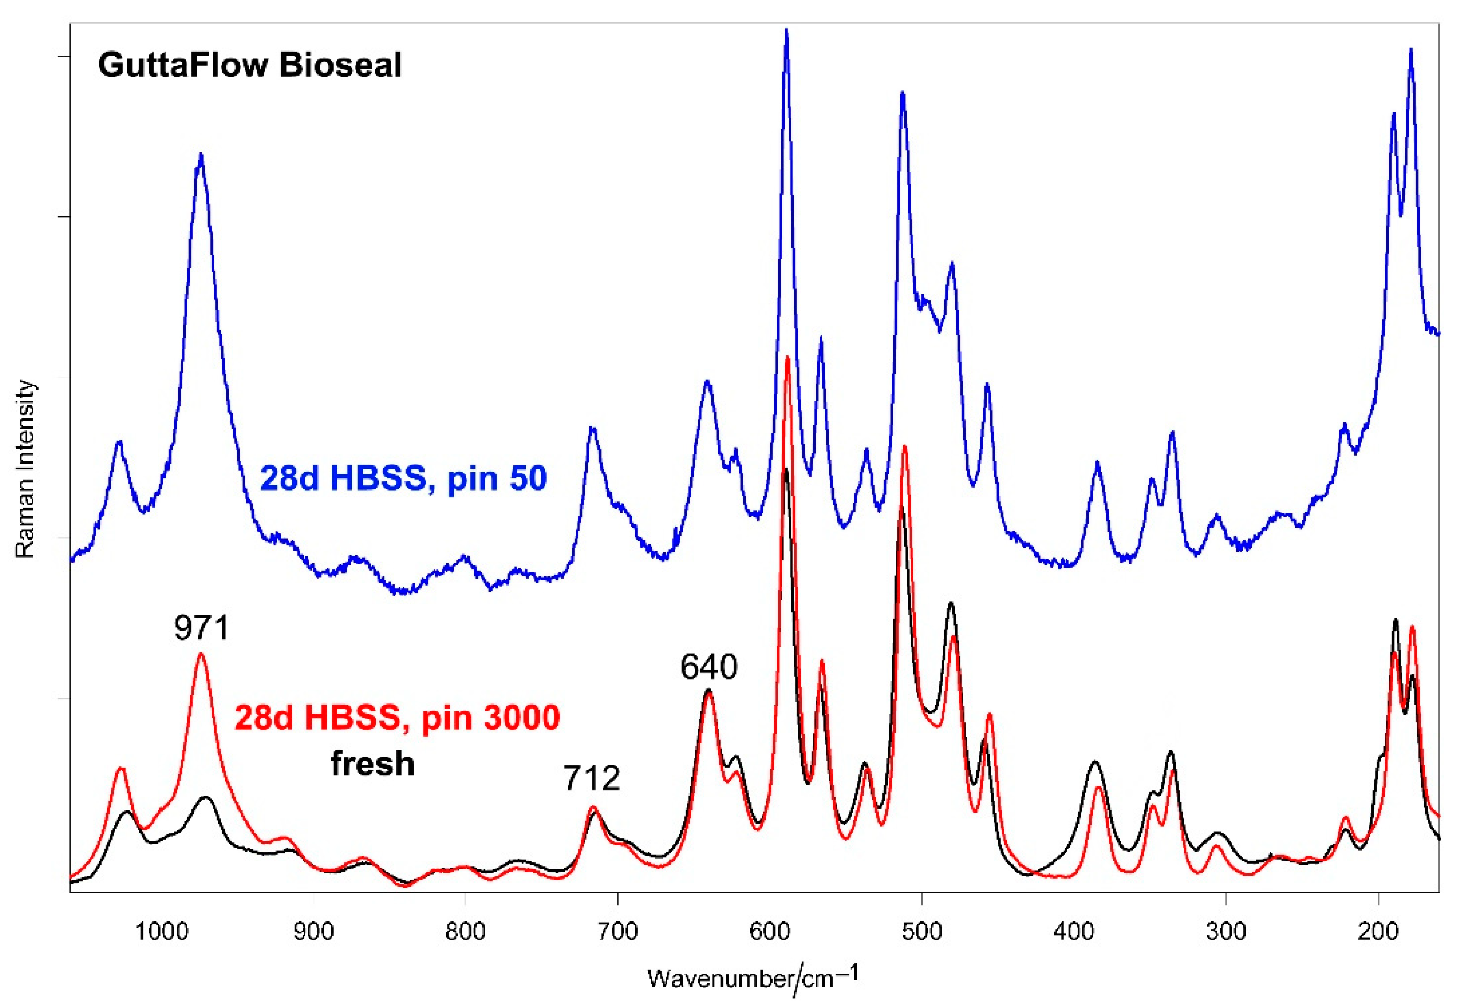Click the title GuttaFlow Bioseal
(x=249, y=65)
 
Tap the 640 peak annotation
(x=708, y=668)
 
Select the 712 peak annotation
(x=591, y=778)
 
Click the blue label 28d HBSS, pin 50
(x=403, y=478)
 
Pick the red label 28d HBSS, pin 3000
(x=397, y=718)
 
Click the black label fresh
(x=372, y=764)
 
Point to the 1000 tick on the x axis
(x=161, y=931)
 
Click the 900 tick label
(x=314, y=931)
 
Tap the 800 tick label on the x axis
(x=465, y=931)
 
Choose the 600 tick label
(x=769, y=931)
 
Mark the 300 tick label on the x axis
(x=1225, y=931)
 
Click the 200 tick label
(x=1378, y=931)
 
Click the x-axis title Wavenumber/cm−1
(x=753, y=977)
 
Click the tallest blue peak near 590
(x=786, y=30)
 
